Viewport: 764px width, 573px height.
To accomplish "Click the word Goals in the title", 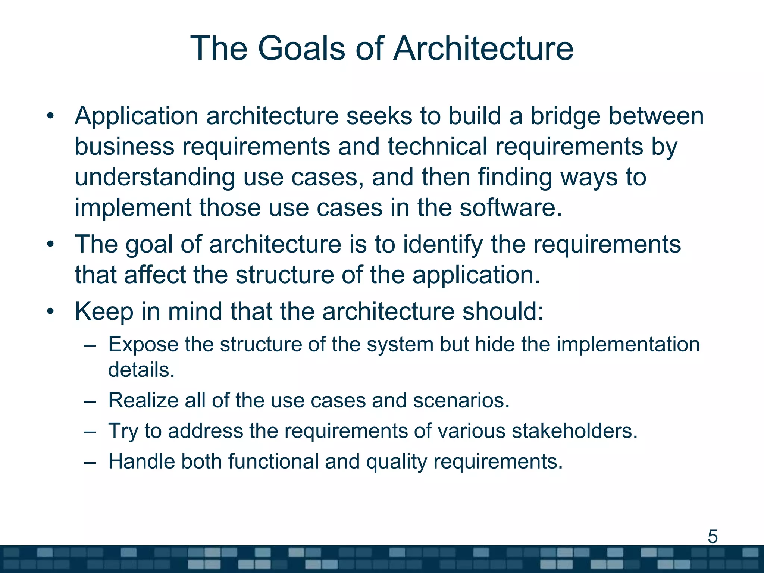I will pos(301,48).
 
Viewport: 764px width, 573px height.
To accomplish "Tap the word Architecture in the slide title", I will pos(483,48).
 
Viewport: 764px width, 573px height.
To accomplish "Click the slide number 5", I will pos(713,537).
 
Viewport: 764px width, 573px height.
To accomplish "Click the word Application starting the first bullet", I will pos(136,116).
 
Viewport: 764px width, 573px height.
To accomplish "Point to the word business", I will pos(124,146).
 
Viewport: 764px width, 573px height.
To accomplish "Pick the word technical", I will pos(437,146).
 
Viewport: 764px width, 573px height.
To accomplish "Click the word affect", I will pos(155,275).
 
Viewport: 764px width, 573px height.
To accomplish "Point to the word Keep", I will pos(104,312).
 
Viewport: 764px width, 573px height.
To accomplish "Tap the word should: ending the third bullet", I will pos(503,311).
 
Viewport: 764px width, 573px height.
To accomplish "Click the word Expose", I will pos(143,345).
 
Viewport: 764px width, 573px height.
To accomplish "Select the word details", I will pos(141,370).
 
